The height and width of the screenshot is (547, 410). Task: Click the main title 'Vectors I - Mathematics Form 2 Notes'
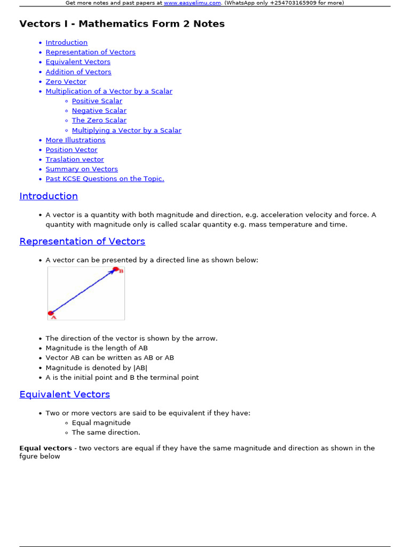[122, 24]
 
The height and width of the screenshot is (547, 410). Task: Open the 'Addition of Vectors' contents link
[78, 72]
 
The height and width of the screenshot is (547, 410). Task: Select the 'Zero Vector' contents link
[66, 82]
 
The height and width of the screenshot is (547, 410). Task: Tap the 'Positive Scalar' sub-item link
[97, 101]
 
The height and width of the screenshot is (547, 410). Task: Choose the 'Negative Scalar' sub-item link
[99, 111]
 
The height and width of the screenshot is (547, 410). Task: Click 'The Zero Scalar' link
[99, 120]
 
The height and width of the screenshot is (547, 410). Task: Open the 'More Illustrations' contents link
[75, 140]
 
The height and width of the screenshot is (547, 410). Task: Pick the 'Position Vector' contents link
[72, 150]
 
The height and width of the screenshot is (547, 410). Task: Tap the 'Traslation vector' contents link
[75, 159]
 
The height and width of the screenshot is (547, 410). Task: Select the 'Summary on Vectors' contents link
[82, 169]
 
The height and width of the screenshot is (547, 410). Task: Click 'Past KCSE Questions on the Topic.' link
[105, 178]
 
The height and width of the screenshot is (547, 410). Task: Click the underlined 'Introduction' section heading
[49, 196]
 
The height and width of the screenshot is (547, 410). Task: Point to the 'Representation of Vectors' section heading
[82, 241]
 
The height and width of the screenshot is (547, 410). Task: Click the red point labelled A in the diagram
[51, 313]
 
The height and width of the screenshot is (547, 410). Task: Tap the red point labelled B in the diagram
[115, 269]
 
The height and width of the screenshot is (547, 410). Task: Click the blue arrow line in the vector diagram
[83, 292]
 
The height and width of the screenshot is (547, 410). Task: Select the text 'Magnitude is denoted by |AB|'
[97, 368]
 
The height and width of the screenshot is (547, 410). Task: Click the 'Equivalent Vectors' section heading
[65, 394]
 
